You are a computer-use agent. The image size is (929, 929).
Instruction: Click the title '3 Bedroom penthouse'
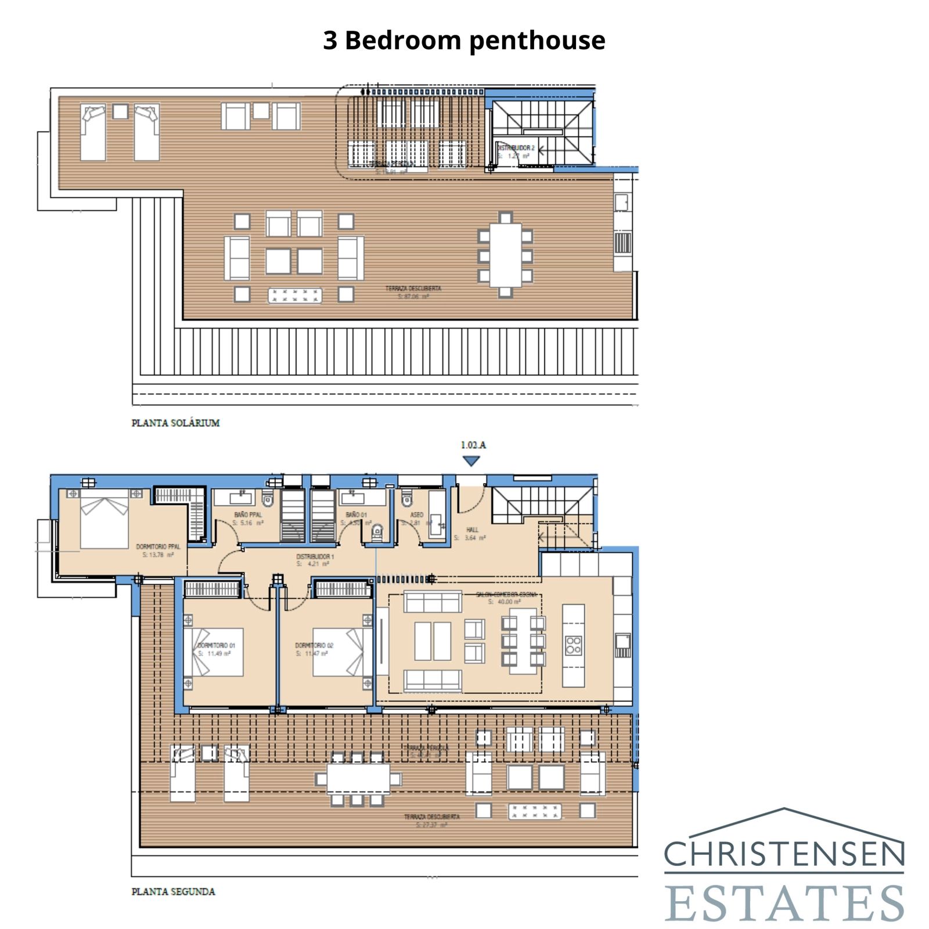[x=464, y=41]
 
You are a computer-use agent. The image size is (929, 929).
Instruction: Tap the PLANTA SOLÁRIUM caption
[x=175, y=423]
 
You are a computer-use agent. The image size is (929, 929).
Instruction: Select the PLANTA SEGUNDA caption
[x=173, y=892]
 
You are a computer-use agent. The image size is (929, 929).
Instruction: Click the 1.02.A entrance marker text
[x=473, y=445]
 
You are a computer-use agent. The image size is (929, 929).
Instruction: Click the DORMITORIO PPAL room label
[x=158, y=547]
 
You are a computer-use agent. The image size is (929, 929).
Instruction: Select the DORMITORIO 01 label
[x=216, y=646]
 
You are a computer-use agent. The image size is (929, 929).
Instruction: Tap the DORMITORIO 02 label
[x=314, y=646]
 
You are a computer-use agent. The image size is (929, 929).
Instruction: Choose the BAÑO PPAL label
[x=248, y=515]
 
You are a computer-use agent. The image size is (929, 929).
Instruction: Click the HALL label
[x=473, y=530]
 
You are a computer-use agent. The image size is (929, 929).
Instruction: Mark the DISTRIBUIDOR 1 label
[x=315, y=557]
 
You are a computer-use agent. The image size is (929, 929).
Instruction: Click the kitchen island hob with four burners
[x=574, y=645]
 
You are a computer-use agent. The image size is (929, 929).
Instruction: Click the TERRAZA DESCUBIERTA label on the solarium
[x=413, y=289]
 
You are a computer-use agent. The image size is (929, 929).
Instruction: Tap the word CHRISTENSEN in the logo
[x=784, y=854]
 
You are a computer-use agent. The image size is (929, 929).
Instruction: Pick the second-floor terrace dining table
[x=358, y=779]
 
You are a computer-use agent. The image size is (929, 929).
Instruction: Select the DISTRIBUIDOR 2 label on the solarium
[x=516, y=148]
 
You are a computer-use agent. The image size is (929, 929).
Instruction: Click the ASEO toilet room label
[x=417, y=515]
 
